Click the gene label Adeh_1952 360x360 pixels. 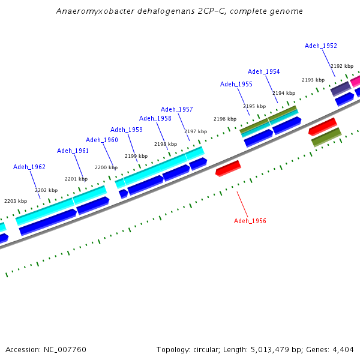click(320, 46)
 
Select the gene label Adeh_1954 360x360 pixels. click(263, 71)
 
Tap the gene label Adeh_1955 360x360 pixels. click(236, 84)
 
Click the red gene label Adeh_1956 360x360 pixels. click(250, 221)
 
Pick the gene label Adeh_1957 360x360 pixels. click(176, 109)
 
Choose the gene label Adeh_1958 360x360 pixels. click(155, 118)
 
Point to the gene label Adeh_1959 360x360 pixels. click(126, 130)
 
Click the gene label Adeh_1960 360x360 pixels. click(101, 140)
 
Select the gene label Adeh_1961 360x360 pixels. click(73, 151)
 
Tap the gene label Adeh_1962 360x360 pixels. click(29, 167)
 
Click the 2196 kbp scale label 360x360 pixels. click(225, 119)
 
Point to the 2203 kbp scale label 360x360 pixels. click(16, 201)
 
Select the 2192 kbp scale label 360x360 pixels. click(342, 66)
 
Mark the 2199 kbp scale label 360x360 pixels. click(136, 156)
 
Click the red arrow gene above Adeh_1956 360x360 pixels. click(228, 168)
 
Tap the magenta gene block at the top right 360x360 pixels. click(355, 80)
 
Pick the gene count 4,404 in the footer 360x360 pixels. click(343, 349)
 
